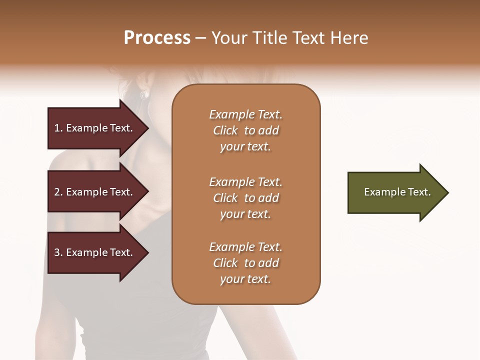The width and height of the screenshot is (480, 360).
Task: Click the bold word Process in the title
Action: click(157, 37)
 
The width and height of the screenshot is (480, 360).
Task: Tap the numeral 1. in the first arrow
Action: click(58, 128)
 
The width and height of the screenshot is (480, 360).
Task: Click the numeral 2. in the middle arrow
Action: click(58, 192)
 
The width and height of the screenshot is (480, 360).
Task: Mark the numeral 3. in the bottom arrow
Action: click(58, 252)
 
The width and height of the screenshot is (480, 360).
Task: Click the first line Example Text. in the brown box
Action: click(245, 114)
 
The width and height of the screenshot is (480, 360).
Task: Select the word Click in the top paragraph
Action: click(225, 130)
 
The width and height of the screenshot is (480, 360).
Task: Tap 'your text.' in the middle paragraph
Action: click(245, 214)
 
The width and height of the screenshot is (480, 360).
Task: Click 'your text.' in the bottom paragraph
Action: click(245, 279)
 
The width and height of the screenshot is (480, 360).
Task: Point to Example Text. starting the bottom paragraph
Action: click(245, 247)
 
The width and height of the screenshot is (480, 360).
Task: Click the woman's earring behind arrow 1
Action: click(143, 94)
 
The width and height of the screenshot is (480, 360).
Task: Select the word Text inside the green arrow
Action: click(418, 192)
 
